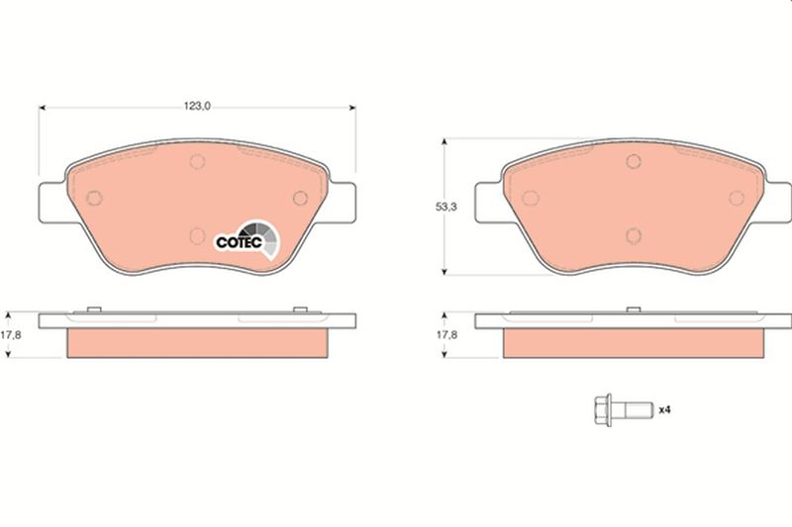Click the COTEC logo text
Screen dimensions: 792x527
239,242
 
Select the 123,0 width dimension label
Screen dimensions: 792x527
197,106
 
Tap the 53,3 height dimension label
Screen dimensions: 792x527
446,207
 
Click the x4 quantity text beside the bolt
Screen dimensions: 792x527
664,410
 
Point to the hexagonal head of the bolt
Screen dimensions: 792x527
602,410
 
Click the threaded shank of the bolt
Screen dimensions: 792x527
633,410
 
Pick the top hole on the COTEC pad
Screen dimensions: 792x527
197,162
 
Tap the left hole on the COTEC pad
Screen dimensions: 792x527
94,198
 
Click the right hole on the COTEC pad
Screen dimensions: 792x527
301,198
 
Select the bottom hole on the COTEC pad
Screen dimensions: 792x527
197,235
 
